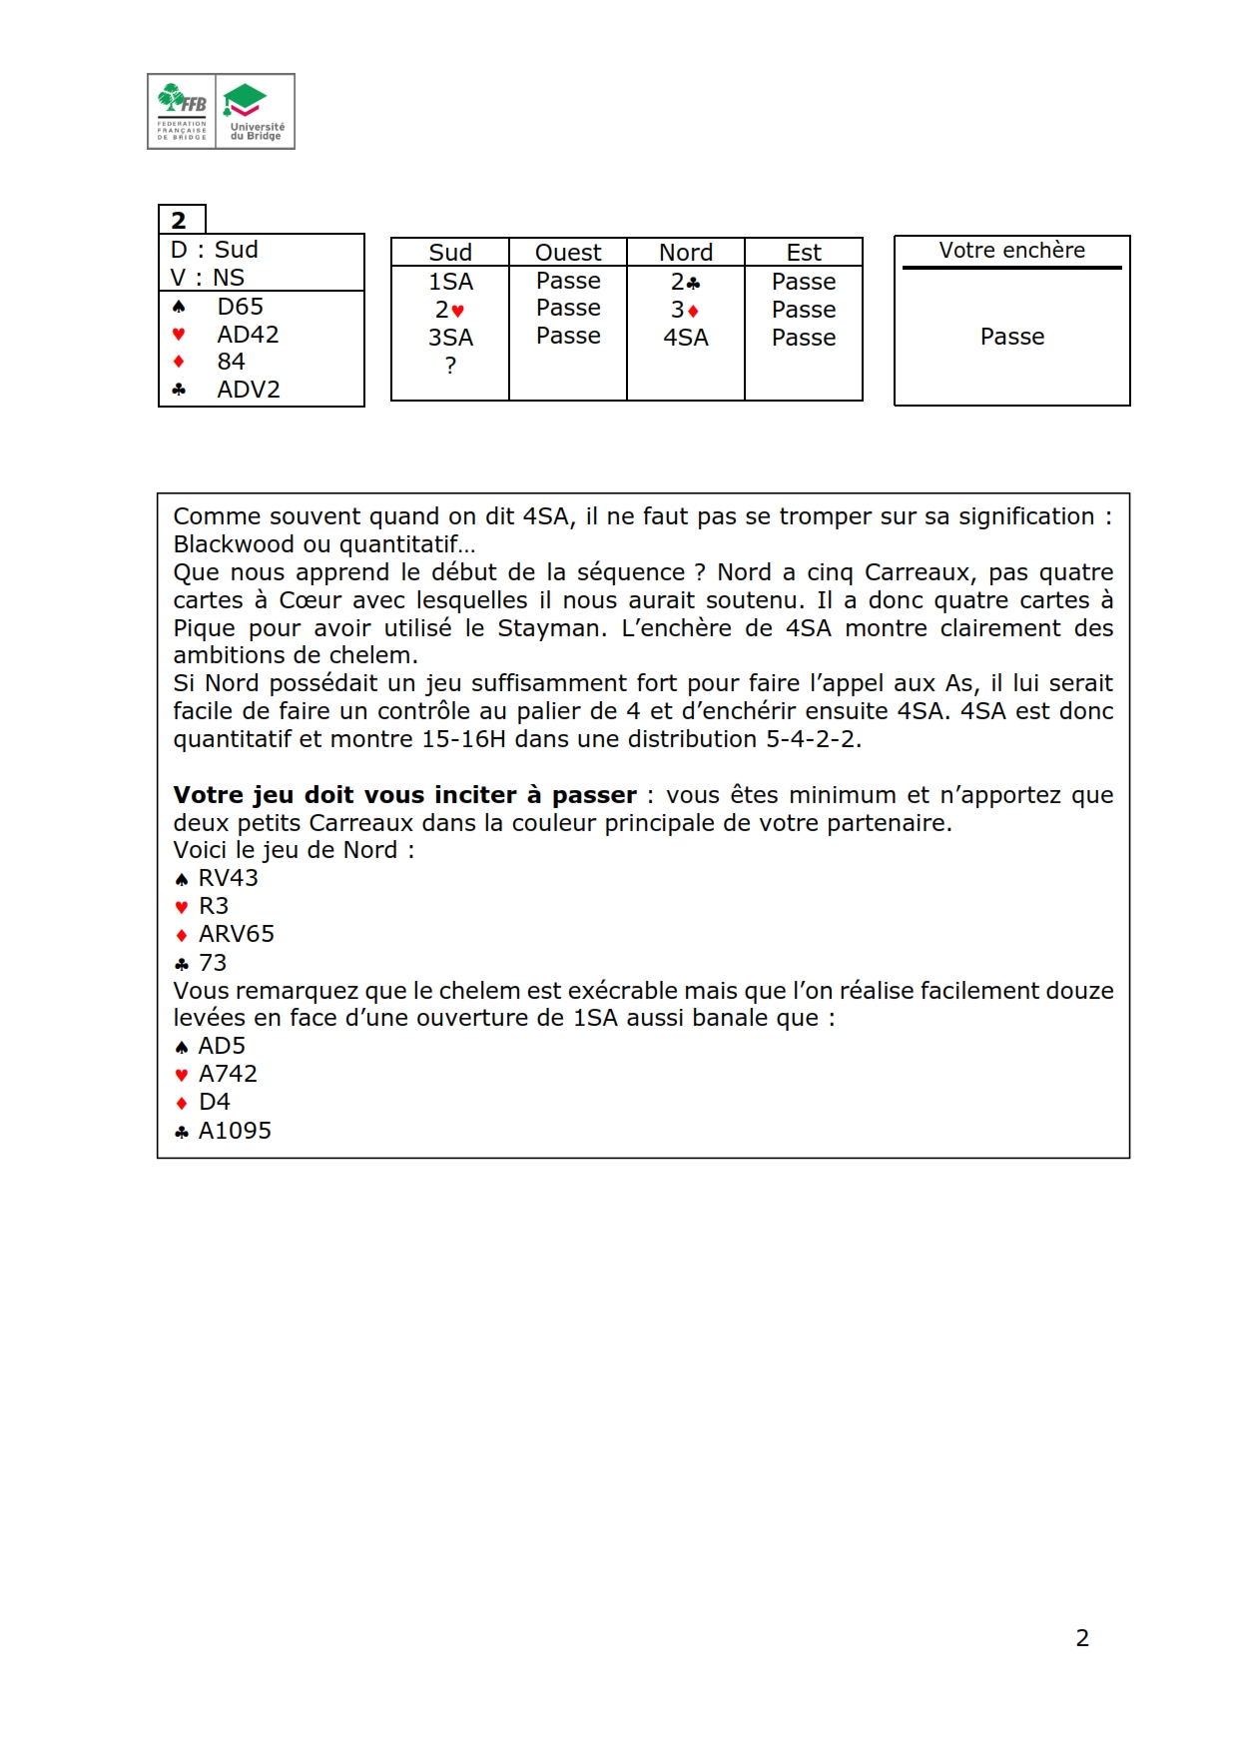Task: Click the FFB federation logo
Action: [183, 111]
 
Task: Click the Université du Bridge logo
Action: [256, 111]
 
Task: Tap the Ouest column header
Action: [567, 253]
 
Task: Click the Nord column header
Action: [686, 253]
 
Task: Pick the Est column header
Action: [804, 253]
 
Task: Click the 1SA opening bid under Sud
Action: [450, 282]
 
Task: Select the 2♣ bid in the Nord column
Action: [685, 282]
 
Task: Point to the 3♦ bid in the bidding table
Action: [685, 310]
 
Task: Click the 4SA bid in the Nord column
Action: [686, 338]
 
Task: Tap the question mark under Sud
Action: [450, 366]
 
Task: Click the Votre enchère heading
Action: [1011, 251]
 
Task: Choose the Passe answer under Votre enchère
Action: [1011, 337]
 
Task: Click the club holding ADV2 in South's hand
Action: [249, 390]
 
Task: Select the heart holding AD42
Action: [248, 335]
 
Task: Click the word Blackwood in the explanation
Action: [231, 544]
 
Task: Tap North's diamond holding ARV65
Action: [236, 934]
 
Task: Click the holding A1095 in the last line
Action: [235, 1131]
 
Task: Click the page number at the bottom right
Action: [1082, 1637]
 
